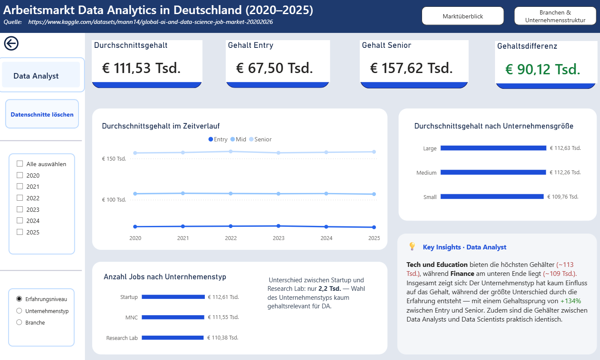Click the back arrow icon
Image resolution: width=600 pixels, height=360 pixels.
click(12, 43)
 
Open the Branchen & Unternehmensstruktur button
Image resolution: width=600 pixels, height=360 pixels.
click(555, 16)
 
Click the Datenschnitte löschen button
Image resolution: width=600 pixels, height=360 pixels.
click(42, 114)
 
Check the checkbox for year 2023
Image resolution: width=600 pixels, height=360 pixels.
click(20, 209)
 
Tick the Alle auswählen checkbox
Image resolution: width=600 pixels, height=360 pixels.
click(20, 164)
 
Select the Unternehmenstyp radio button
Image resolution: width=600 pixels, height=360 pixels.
click(19, 311)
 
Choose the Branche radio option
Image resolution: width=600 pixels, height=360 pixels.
click(19, 322)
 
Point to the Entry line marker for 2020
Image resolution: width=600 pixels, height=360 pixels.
click(135, 227)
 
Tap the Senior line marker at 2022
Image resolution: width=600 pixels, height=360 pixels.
click(231, 152)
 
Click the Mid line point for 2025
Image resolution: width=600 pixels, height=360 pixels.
click(374, 194)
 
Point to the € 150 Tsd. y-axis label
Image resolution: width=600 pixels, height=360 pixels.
click(114, 159)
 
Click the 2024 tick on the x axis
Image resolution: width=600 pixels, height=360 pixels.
click(326, 238)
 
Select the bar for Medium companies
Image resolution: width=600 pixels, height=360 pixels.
click(493, 173)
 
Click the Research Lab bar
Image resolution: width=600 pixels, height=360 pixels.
click(172, 338)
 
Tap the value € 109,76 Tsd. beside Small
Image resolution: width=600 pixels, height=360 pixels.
click(563, 197)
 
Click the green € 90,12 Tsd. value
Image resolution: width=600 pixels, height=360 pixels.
click(543, 69)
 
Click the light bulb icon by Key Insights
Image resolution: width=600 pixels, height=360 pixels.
click(412, 246)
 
